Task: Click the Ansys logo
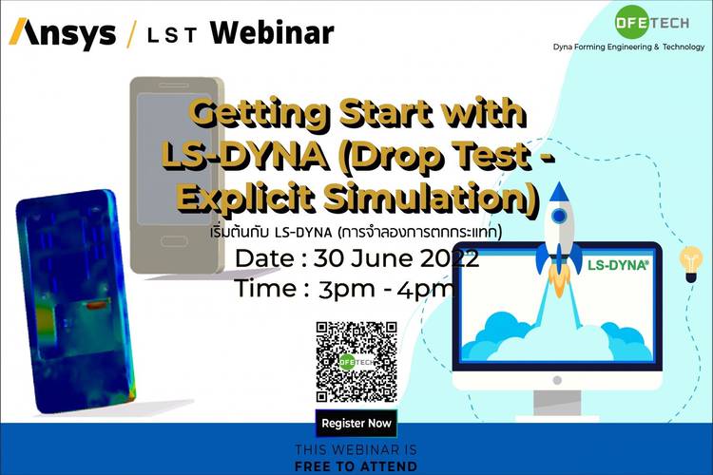pos(63,33)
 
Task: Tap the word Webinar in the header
pos(272,32)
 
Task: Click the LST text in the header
pos(172,35)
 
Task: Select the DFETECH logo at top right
pos(651,22)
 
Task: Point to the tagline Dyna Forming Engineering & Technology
pos(628,47)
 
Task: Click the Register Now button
pos(356,423)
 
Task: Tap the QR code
pos(356,362)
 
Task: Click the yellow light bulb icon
pos(691,264)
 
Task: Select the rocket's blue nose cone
pos(559,192)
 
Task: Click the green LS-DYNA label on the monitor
pos(618,264)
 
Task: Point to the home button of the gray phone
pos(174,241)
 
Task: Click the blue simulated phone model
pos(75,301)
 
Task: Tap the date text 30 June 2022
pos(396,258)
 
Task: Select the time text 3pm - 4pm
pos(386,289)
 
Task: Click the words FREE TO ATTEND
pos(356,466)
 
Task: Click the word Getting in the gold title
pos(259,114)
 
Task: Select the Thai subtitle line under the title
pos(356,232)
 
